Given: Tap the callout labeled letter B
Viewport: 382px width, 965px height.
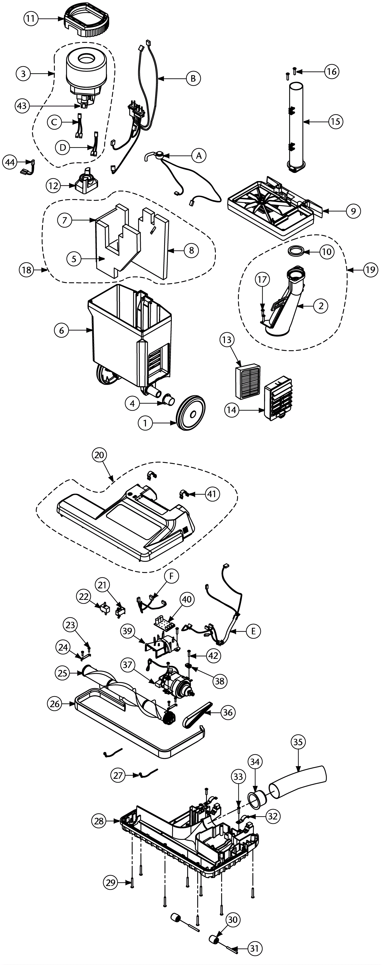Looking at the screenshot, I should pyautogui.click(x=193, y=78).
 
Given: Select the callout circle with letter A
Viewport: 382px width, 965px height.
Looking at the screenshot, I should pyautogui.click(x=199, y=155).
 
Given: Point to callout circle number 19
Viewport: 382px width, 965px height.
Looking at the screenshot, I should pyautogui.click(x=370, y=270).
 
